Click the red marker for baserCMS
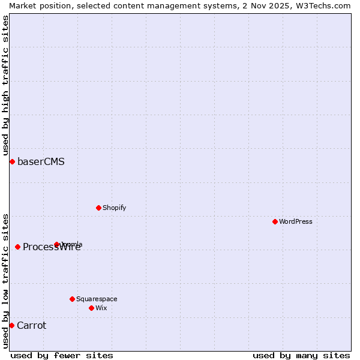(x=12, y=161)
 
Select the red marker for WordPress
(x=275, y=221)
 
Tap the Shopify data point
(x=99, y=208)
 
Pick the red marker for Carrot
(x=11, y=325)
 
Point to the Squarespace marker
(x=73, y=299)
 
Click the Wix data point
(x=92, y=308)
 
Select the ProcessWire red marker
(x=18, y=247)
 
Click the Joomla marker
(x=57, y=244)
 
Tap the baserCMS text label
(x=41, y=161)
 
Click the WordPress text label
(x=296, y=221)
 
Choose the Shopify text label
(x=114, y=208)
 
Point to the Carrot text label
(x=31, y=325)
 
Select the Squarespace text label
(x=97, y=299)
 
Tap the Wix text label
(x=101, y=308)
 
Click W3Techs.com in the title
(x=322, y=5)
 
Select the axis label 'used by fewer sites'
(x=62, y=355)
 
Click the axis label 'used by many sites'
(x=301, y=355)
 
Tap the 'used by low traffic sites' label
(x=5, y=280)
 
